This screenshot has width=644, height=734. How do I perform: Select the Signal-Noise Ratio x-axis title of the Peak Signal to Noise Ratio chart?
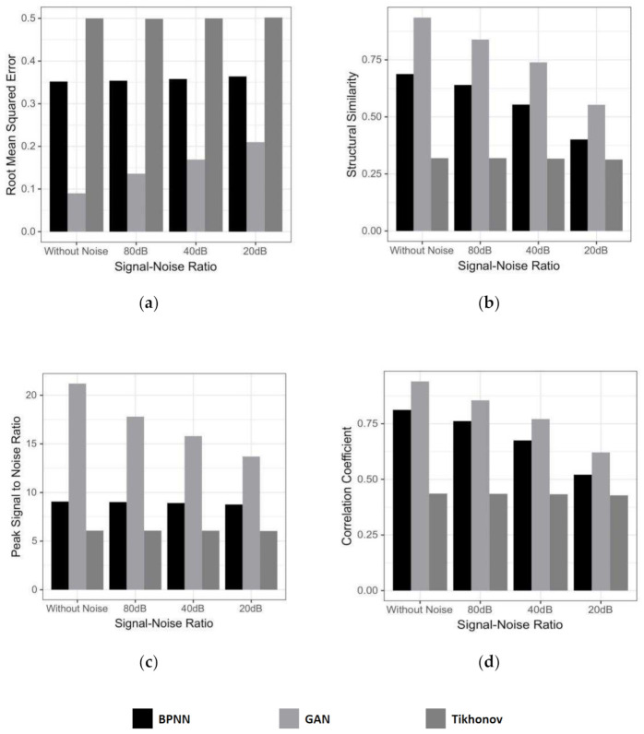pos(162,623)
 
